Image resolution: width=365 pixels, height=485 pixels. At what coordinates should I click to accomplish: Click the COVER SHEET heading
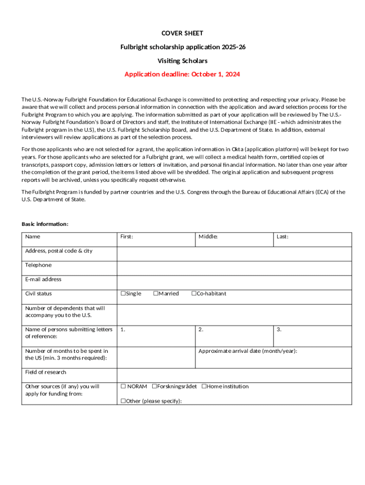(182, 33)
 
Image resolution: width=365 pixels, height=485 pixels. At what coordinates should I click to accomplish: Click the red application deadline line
(182, 74)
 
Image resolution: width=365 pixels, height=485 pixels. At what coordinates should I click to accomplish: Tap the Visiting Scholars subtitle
(182, 61)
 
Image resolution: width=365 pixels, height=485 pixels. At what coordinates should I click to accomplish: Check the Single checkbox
(123, 294)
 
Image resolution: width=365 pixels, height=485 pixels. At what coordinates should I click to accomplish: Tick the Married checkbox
(155, 294)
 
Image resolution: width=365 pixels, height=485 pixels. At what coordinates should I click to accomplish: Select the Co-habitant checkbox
(193, 294)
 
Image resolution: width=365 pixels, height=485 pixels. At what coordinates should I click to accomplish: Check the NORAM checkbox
(123, 386)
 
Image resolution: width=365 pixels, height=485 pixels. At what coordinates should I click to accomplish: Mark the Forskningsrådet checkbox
(154, 386)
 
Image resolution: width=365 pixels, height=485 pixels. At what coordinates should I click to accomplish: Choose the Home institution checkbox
(204, 386)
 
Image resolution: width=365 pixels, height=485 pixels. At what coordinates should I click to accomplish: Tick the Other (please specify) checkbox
(123, 401)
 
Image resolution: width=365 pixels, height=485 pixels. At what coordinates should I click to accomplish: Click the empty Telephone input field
(234, 268)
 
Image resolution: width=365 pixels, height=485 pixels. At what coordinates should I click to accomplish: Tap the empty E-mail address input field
(234, 282)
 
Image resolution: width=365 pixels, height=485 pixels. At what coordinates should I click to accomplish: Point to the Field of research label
(46, 372)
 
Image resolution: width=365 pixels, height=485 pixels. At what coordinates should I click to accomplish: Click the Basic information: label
(45, 224)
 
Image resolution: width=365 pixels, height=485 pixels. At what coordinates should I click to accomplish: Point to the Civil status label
(39, 294)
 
